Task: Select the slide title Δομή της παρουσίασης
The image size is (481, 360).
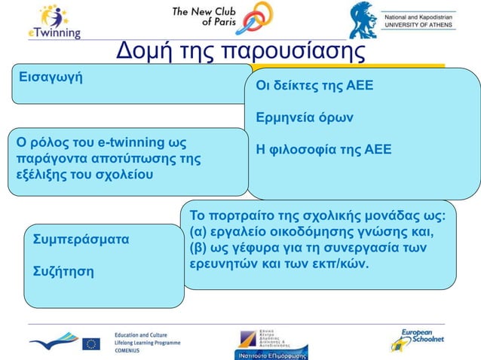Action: pos(240,52)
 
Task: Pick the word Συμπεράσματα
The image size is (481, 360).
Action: pos(81,239)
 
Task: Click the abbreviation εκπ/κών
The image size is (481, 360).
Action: pos(341,264)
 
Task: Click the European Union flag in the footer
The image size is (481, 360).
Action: pos(91,343)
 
